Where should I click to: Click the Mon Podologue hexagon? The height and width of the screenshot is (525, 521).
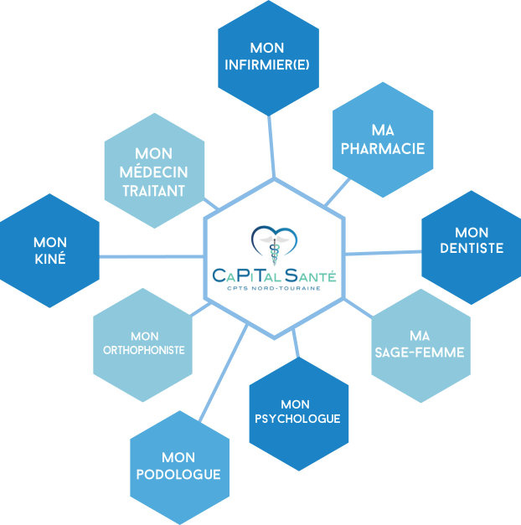pyautogui.click(x=179, y=466)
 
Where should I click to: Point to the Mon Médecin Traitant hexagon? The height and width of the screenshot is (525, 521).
pyautogui.click(x=154, y=172)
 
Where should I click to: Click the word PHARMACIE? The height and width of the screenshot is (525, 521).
pyautogui.click(x=384, y=149)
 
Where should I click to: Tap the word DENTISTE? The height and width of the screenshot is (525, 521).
pyautogui.click(x=472, y=248)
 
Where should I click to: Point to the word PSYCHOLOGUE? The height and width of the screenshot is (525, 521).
pyautogui.click(x=298, y=419)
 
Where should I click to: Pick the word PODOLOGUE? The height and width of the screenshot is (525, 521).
pyautogui.click(x=179, y=475)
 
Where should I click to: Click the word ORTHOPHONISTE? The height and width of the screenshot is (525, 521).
pyautogui.click(x=144, y=350)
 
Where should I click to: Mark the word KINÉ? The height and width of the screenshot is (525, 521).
pyautogui.click(x=50, y=259)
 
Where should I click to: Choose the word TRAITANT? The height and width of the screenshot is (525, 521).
pyautogui.click(x=154, y=191)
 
